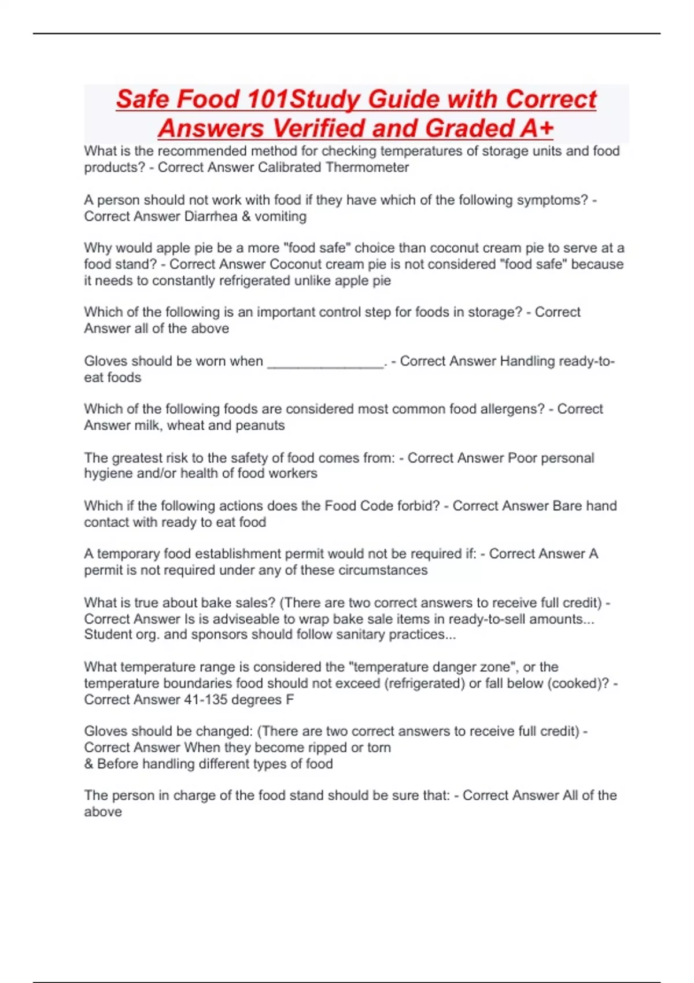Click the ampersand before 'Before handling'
[88, 764]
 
